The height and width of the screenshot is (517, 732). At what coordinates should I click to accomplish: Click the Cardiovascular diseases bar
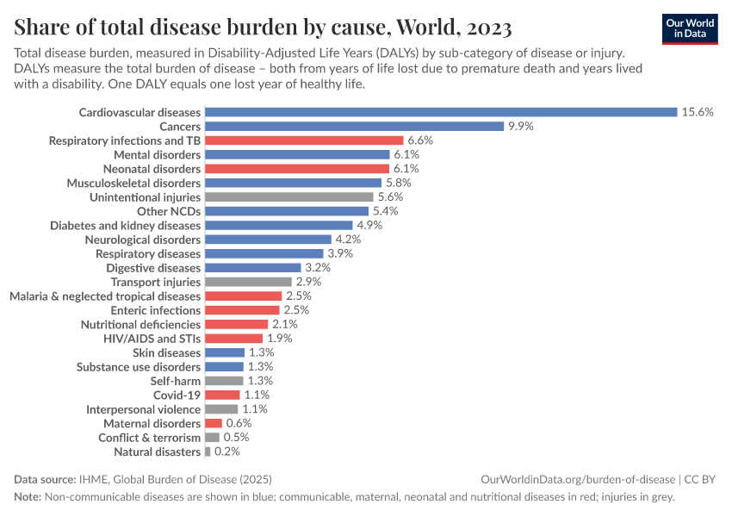[441, 112]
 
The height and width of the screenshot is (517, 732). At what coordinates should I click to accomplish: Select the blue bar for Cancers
[354, 126]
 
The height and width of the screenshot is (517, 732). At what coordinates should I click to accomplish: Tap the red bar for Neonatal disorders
[297, 169]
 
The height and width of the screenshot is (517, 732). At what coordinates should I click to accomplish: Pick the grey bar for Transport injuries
[249, 282]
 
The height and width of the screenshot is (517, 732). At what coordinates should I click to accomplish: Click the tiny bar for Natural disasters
[208, 452]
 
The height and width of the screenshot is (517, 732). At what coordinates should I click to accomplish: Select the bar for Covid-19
[222, 395]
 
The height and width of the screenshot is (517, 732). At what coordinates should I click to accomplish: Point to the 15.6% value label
[697, 112]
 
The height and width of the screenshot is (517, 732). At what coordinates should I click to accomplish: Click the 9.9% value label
[521, 126]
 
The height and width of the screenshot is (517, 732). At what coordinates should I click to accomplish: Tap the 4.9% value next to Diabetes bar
[369, 225]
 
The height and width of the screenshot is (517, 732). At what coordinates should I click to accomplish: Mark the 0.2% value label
[227, 452]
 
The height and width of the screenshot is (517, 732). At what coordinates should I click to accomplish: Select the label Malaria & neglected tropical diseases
[105, 296]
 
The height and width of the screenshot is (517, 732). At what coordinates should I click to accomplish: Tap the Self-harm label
[176, 381]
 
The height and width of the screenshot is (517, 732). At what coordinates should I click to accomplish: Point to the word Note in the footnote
[28, 497]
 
